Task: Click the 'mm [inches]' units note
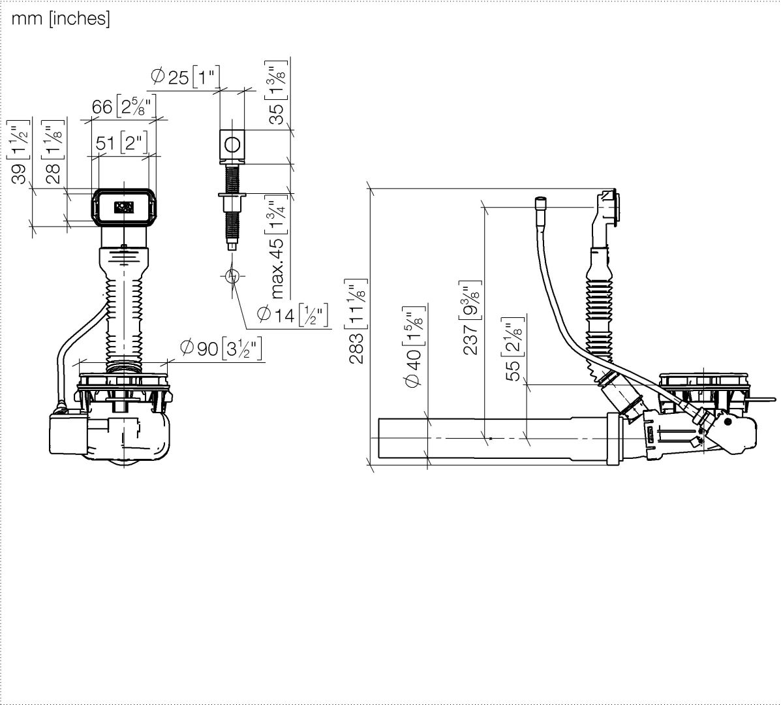(x=60, y=19)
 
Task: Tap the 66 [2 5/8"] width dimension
(x=122, y=106)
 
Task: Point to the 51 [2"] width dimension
(x=122, y=143)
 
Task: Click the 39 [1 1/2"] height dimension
(x=20, y=152)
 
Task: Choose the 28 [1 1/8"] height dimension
(x=54, y=152)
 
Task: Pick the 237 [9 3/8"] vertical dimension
(x=470, y=318)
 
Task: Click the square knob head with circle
(x=232, y=143)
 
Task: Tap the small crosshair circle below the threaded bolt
(x=232, y=276)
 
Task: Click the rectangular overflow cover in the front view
(x=124, y=207)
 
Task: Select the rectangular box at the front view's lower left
(x=69, y=433)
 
